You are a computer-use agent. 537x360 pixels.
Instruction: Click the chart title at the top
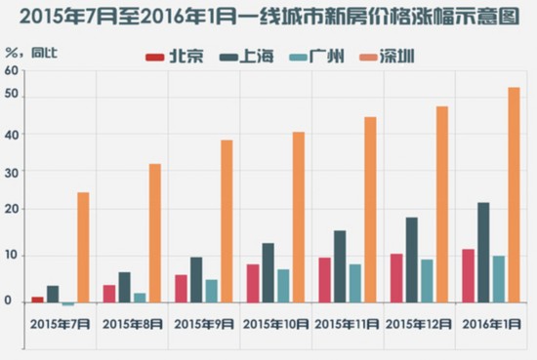point(268,17)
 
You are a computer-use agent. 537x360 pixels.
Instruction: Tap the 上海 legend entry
point(248,57)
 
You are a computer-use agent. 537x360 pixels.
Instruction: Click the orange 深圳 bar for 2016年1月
point(514,194)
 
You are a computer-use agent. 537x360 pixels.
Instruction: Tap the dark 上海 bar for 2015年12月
point(412,260)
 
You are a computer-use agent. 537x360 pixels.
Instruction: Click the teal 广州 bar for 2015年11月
point(355,283)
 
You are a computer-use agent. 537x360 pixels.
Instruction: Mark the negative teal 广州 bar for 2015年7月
point(67,304)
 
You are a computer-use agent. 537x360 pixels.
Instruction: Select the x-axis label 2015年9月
point(202,323)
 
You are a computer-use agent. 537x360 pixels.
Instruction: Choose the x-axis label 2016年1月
point(489,323)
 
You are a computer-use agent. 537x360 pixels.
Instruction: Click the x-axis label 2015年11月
point(346,323)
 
